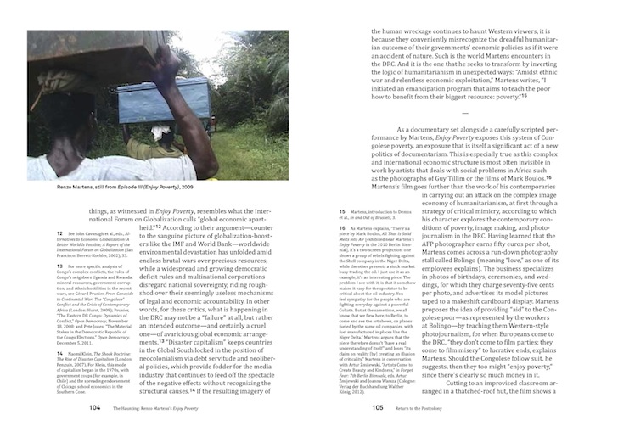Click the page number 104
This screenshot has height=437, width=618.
95,406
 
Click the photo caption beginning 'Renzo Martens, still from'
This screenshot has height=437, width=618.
103,184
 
